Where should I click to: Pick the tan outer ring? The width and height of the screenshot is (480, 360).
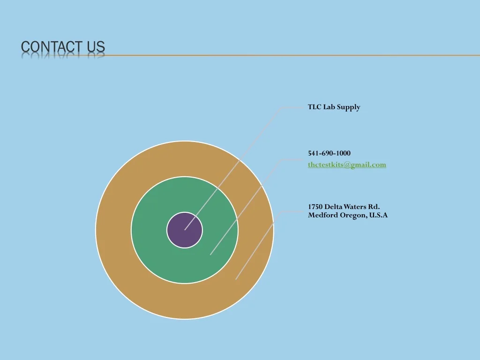[113, 230]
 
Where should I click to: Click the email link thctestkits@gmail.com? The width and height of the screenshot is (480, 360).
[347, 165]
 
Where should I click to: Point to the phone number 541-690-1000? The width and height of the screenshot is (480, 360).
[329, 153]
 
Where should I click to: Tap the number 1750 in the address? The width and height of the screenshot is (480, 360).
[315, 207]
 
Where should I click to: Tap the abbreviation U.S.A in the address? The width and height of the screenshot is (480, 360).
[378, 215]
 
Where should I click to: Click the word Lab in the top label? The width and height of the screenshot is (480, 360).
[329, 107]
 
